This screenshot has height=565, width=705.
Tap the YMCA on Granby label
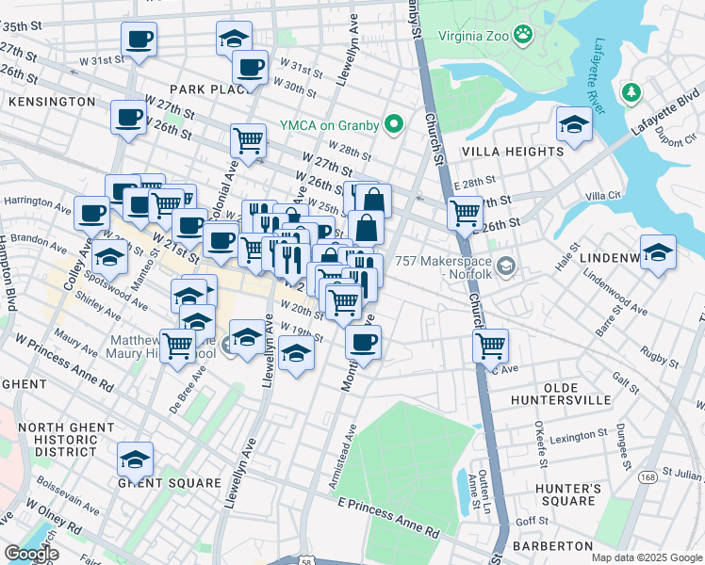point(329,125)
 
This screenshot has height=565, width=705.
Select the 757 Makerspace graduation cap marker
point(506,267)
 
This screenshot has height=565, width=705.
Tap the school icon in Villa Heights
point(573,125)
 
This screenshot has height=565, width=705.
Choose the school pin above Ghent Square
point(135,460)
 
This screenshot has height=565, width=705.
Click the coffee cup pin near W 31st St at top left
point(139,40)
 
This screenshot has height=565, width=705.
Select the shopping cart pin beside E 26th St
point(465,214)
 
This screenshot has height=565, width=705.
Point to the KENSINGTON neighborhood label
point(51,101)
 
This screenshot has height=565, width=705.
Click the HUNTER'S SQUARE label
point(567,495)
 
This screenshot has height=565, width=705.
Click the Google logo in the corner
point(31,554)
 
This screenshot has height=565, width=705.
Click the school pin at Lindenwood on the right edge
point(658,251)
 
